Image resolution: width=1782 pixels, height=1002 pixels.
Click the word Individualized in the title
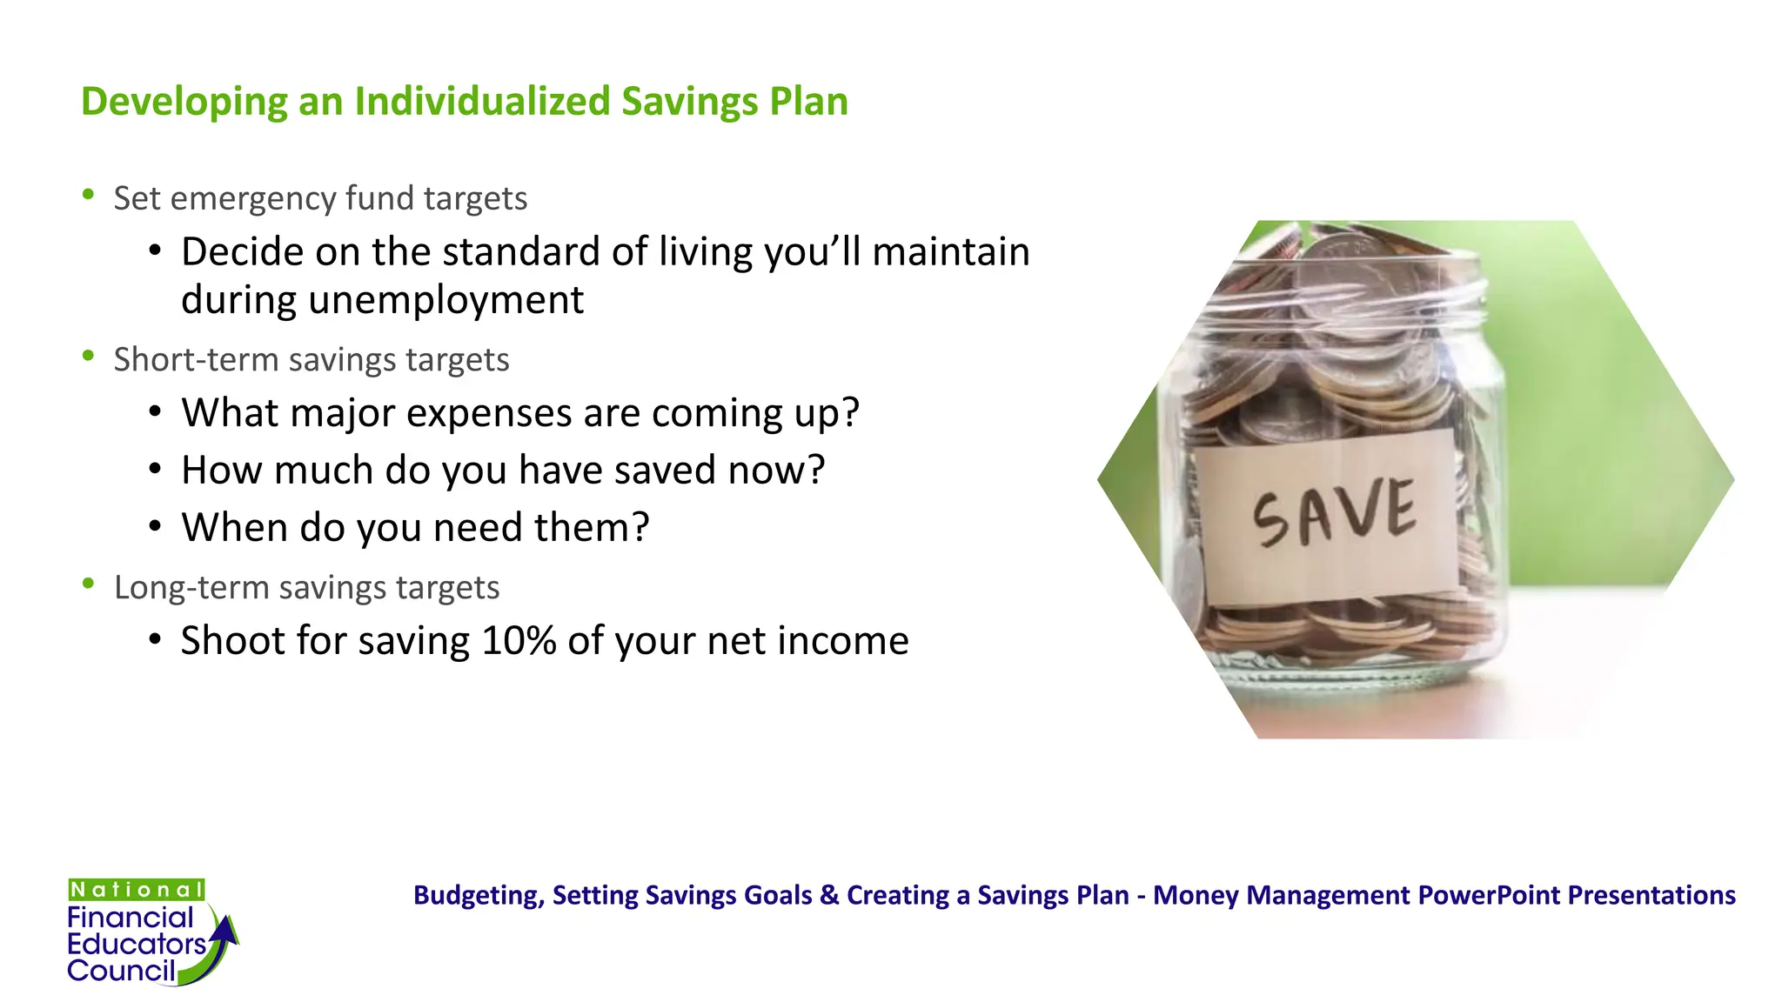pos(482,101)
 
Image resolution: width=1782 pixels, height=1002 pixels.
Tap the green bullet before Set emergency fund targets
pos(88,196)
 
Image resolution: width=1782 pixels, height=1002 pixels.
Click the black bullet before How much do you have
pos(155,470)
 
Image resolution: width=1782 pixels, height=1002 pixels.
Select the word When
pos(234,527)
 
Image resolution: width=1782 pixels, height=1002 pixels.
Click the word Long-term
pos(190,587)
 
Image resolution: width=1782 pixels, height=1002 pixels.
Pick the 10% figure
pos(519,641)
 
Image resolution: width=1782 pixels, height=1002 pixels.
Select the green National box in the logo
pos(137,890)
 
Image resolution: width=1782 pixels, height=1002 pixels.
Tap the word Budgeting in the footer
pos(478,895)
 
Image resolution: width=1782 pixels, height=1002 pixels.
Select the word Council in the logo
pos(121,971)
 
